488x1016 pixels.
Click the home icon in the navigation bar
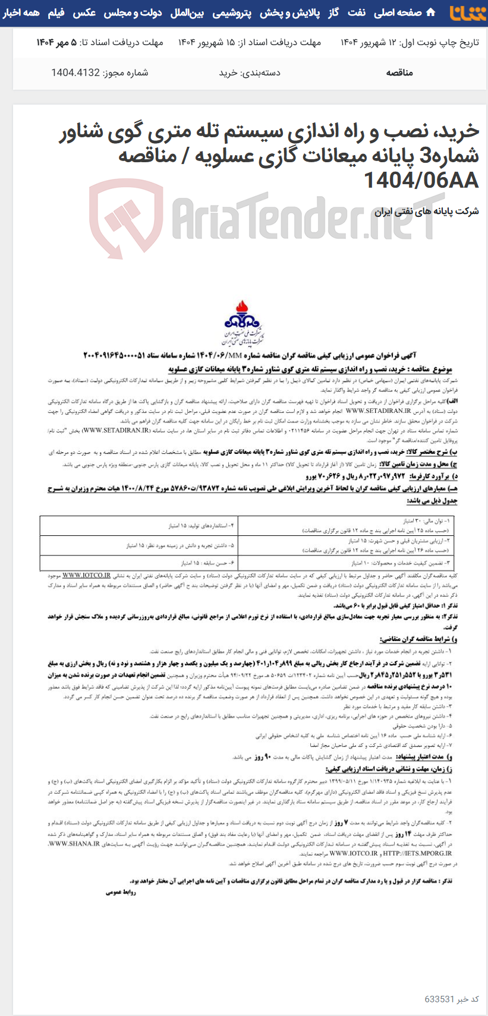click(431, 12)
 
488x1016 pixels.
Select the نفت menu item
click(357, 12)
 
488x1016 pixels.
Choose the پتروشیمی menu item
click(231, 12)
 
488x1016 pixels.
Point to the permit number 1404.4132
click(100, 72)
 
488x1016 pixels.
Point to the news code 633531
click(440, 999)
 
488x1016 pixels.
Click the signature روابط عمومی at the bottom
click(122, 892)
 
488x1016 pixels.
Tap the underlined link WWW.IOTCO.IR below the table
click(87, 575)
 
